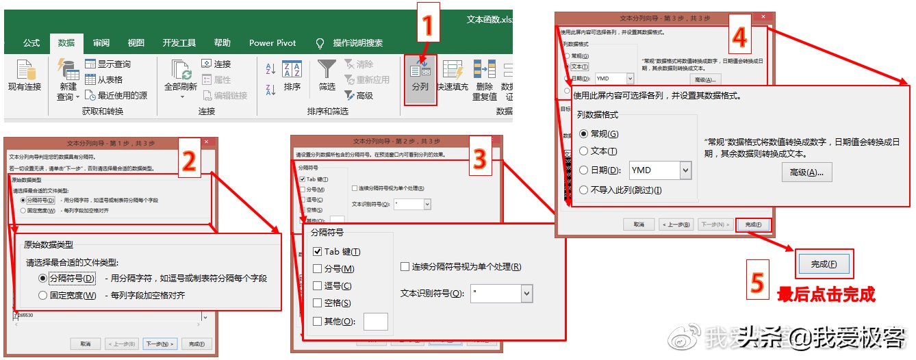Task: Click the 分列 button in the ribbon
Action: click(420, 78)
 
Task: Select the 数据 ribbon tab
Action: click(66, 42)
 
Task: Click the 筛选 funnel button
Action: click(327, 76)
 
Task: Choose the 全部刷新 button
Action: click(181, 78)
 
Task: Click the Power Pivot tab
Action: click(272, 42)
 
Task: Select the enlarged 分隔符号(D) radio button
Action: click(43, 279)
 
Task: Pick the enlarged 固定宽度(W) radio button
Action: click(43, 296)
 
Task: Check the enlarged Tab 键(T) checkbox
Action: click(317, 252)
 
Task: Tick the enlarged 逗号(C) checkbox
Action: click(317, 286)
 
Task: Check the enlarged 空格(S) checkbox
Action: click(317, 303)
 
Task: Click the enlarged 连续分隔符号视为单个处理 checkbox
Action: click(405, 266)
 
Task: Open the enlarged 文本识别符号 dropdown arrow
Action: click(526, 294)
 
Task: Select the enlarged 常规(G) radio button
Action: click(584, 134)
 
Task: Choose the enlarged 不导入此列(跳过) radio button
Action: click(584, 190)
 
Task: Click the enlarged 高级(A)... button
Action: click(806, 172)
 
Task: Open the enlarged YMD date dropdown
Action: click(685, 170)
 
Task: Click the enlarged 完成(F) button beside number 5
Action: click(824, 263)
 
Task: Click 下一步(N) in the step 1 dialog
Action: click(160, 344)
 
